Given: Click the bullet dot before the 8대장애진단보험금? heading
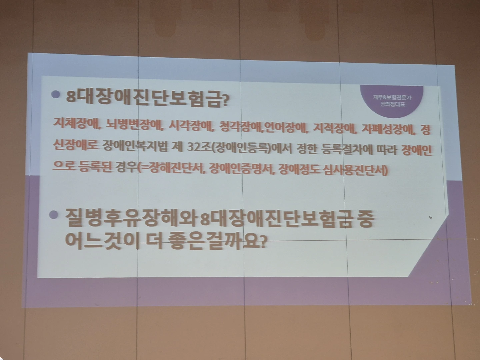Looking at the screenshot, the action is coord(55,95).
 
